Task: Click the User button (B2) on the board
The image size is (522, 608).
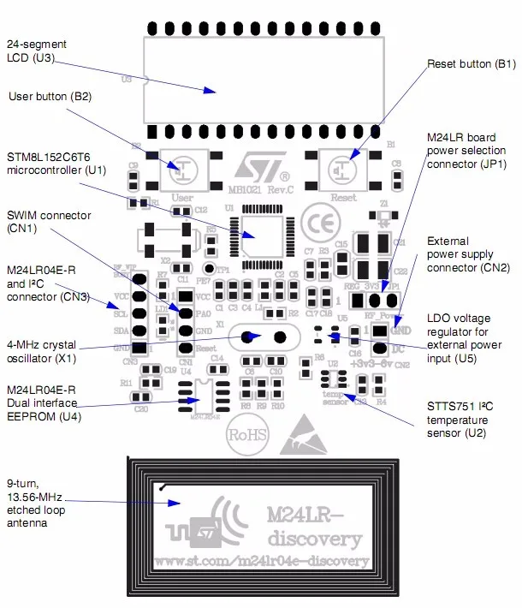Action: click(181, 170)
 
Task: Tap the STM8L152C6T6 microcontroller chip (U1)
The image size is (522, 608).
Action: click(263, 234)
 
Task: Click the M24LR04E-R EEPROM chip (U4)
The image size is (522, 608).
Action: click(203, 391)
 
